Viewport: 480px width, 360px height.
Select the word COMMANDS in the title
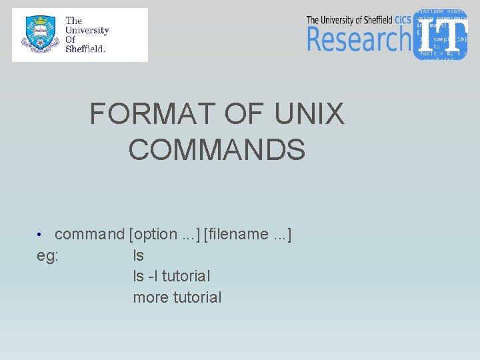click(217, 149)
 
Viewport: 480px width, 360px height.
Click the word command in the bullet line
click(89, 235)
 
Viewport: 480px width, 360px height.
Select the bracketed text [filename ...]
click(247, 235)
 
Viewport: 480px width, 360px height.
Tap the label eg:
click(47, 256)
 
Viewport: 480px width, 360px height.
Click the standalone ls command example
click(138, 255)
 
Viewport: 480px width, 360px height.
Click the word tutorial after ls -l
click(186, 276)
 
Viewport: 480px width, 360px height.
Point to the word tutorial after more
click(197, 297)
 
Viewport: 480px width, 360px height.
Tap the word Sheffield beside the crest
click(85, 49)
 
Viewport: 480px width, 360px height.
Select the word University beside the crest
click(87, 30)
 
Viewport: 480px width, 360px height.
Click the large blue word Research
click(358, 39)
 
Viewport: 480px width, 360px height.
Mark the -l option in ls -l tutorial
click(152, 276)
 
